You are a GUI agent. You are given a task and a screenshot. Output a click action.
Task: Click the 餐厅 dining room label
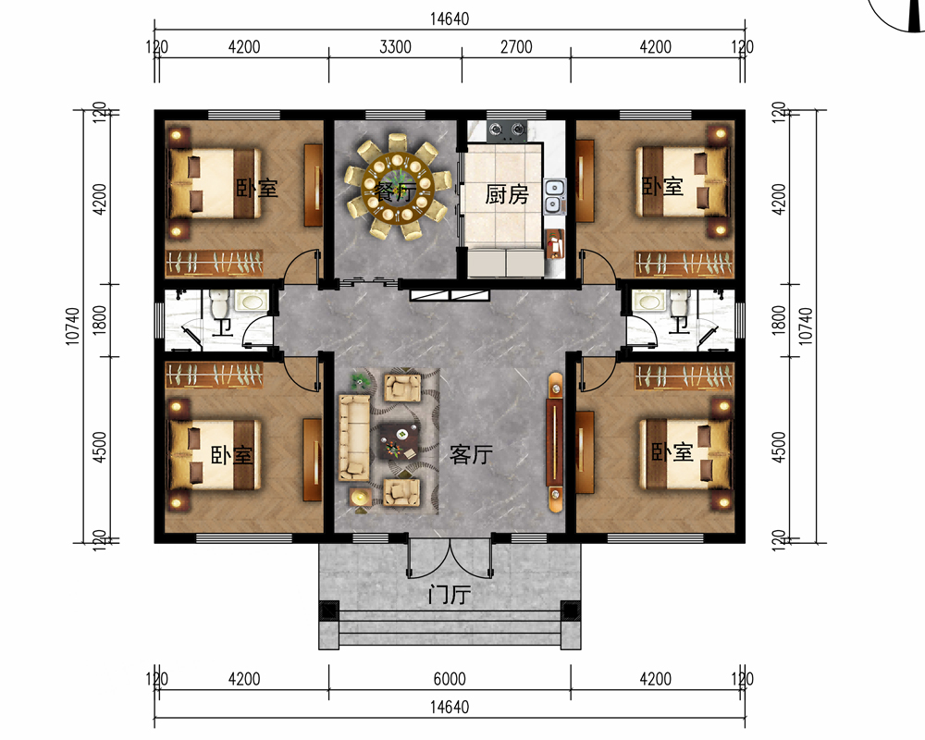[395, 191]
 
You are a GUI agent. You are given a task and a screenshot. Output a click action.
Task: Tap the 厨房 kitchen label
[506, 194]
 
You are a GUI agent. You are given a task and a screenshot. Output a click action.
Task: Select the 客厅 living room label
[471, 454]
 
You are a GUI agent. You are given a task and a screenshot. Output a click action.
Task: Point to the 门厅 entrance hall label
[449, 594]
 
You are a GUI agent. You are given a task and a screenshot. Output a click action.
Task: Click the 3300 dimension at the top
[395, 46]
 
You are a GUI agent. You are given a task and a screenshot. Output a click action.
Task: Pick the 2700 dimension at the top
[516, 46]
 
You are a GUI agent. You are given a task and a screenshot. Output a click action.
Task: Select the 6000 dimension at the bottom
[450, 679]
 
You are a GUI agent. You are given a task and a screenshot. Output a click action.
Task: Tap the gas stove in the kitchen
[506, 129]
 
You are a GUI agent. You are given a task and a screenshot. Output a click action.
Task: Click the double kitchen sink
[553, 196]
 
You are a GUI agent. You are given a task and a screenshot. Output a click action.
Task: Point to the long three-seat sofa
[354, 437]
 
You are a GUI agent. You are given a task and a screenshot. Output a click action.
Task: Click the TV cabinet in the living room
[554, 442]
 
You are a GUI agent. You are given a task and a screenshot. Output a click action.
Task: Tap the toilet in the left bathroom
[219, 303]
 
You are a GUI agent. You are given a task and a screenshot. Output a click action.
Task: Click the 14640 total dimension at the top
[450, 18]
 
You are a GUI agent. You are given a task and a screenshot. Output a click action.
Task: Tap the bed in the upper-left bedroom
[215, 183]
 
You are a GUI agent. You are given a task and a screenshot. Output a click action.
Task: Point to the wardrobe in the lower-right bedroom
[684, 376]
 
